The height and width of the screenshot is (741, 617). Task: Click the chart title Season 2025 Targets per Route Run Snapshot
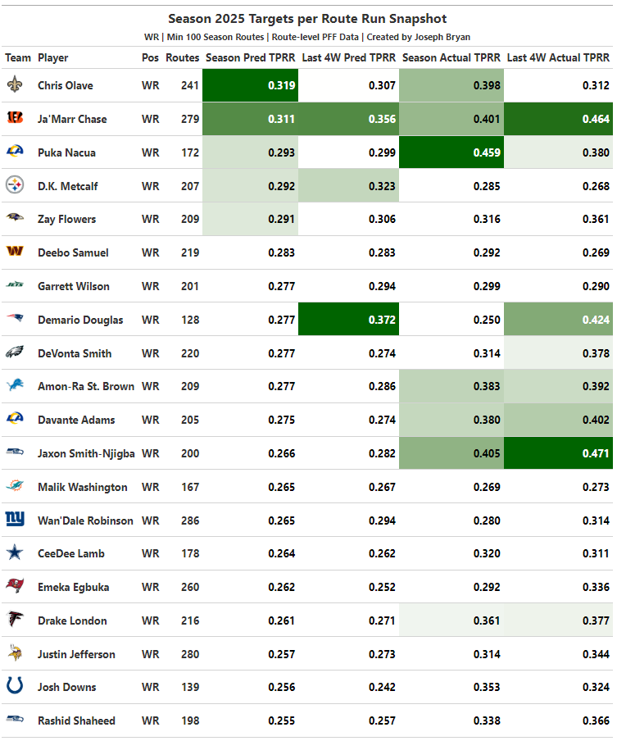[307, 19]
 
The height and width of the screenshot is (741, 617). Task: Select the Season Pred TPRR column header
[250, 58]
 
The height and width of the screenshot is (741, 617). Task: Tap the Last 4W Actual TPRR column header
[558, 58]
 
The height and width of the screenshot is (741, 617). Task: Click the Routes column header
[182, 58]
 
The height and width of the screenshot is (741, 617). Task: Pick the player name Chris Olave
[66, 85]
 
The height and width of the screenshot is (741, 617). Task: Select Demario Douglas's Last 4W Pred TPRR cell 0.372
[382, 320]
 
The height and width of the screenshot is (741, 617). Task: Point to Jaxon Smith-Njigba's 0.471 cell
[596, 453]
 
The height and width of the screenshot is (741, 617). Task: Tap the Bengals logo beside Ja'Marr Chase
[15, 119]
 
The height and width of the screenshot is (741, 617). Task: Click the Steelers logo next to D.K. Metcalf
[15, 186]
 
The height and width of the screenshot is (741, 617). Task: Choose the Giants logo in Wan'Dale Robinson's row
[15, 521]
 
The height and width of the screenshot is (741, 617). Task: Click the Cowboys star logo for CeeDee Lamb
[15, 553]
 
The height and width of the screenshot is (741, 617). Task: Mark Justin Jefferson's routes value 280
[189, 654]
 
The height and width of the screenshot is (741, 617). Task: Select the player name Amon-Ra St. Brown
[86, 386]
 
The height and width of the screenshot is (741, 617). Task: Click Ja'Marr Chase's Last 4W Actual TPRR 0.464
[596, 119]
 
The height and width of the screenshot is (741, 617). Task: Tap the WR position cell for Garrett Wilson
[150, 286]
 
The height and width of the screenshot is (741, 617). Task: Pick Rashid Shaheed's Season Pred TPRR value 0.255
[282, 721]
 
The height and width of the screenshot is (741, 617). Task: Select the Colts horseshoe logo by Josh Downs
[15, 687]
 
